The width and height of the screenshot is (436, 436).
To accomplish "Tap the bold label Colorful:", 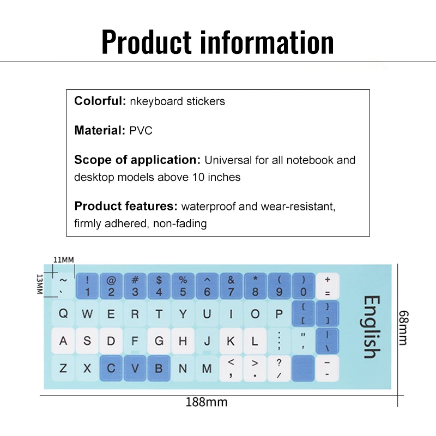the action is (100, 101).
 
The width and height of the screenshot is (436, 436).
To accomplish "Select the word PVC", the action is (141, 131).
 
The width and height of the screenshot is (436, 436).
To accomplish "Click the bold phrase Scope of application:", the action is (138, 160).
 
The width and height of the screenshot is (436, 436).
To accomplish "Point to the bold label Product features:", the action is (126, 207).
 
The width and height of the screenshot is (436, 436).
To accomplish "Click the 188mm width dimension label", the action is (206, 403).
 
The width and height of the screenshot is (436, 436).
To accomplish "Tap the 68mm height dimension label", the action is (403, 327).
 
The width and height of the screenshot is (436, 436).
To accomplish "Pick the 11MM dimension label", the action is (63, 259).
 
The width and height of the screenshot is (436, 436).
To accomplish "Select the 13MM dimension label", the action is (39, 284).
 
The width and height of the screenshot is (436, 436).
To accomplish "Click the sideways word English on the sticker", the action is (371, 326).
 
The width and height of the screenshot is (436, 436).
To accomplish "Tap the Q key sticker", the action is (63, 314).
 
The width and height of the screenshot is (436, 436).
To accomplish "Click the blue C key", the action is (111, 368).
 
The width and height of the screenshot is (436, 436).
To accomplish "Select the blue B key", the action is (159, 368).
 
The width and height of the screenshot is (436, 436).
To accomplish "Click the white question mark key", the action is (279, 368).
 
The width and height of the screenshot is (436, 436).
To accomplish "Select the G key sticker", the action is (159, 341).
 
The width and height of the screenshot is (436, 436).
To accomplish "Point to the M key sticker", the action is (207, 368).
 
